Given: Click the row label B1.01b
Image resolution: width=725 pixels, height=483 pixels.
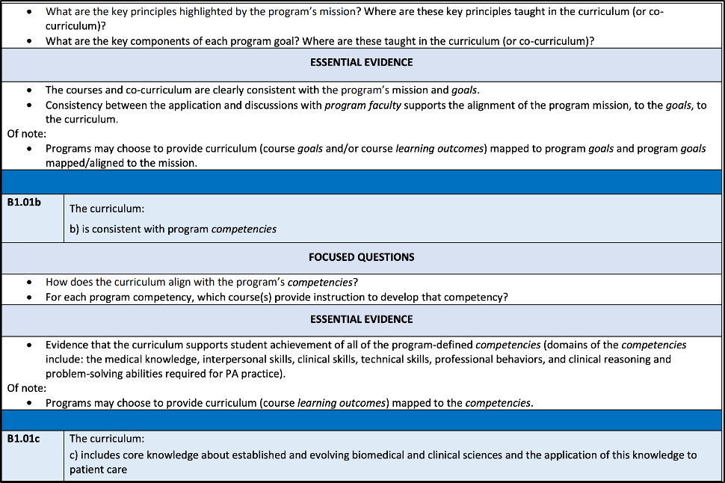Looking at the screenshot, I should (24, 203).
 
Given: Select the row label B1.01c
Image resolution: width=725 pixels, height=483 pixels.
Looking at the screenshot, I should (23, 439).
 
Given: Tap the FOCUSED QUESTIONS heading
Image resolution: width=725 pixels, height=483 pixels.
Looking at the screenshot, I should (362, 256).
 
